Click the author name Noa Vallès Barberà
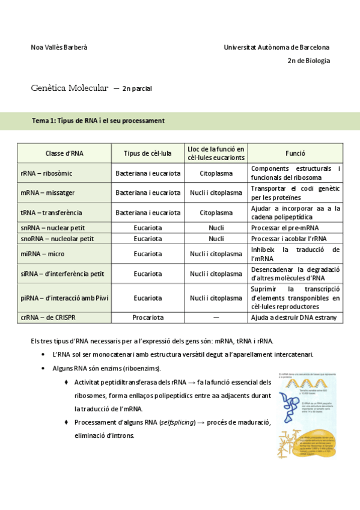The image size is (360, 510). pos(59,47)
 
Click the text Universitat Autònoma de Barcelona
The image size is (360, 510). pos(276,47)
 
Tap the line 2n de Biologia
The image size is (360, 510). pos(308,61)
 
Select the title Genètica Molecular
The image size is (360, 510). pos(70,88)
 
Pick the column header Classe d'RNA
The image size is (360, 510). pos(64,153)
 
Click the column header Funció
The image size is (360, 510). pos(295,153)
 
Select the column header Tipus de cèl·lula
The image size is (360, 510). pos(148,153)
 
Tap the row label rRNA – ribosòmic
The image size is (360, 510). pos(46,173)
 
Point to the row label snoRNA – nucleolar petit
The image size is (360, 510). pos(57,239)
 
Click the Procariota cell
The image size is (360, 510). pos(148,318)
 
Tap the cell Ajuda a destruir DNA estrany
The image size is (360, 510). pos(294,318)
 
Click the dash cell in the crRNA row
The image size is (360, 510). pos(216,318)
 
